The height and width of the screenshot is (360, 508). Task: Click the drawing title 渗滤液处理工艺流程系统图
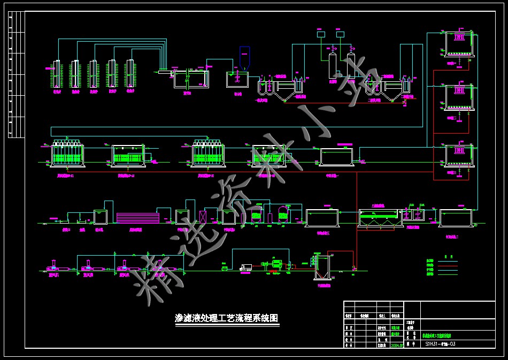pos(227,318)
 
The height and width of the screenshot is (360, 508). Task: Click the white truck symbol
pos(246,267)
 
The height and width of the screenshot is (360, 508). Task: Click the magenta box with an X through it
pos(203,217)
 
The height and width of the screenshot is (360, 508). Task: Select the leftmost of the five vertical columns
pos(57,73)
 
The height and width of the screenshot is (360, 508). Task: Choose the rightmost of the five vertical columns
pos(130,73)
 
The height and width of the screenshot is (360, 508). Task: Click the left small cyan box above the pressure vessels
pos(321,35)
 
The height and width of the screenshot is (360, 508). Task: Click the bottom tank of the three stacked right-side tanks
pos(458,156)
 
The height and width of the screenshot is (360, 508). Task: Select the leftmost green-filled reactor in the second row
pos(67,156)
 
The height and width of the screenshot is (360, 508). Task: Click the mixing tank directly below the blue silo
pos(237,79)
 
